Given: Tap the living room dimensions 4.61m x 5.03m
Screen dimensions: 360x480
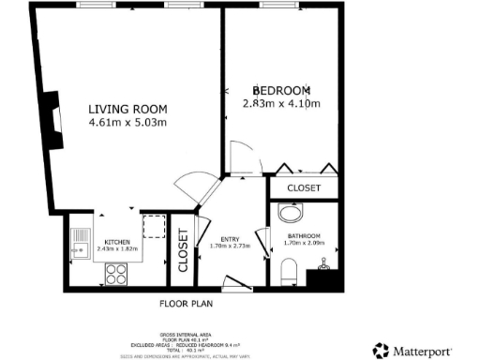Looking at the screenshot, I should pos(127,122).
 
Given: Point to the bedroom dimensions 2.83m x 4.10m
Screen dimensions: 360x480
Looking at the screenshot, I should pos(281,103).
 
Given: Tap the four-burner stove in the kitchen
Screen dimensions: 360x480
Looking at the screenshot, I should pos(116,273).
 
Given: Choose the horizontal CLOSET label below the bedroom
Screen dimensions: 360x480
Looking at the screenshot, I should pos(304,188).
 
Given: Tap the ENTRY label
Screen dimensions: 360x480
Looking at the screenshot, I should pos(230,240).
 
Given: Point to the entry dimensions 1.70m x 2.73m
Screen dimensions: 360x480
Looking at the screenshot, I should pos(230,248).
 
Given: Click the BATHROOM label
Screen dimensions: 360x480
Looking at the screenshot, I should pos(305,236).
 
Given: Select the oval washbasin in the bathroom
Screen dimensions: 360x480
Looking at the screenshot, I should pos(287,212).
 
